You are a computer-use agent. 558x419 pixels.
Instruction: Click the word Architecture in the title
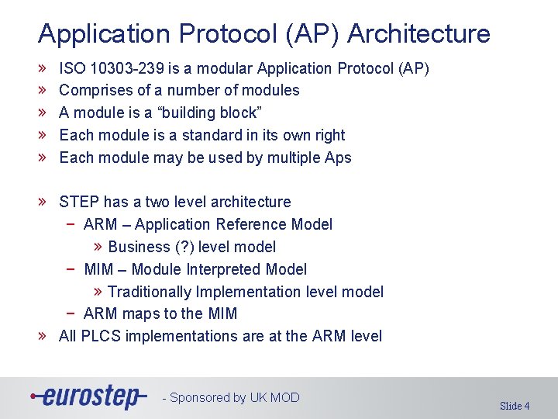[418, 33]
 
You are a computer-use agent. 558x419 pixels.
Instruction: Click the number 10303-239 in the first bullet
[127, 68]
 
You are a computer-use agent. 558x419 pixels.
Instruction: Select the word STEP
[79, 202]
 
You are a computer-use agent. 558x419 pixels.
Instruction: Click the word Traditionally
[150, 292]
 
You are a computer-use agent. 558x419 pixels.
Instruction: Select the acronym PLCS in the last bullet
[101, 336]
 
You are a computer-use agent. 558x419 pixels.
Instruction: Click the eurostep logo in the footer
[88, 396]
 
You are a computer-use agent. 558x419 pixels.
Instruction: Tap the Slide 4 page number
[515, 406]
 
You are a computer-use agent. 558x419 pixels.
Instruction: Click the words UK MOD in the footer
[274, 397]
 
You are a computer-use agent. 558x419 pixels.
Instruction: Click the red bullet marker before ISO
[42, 68]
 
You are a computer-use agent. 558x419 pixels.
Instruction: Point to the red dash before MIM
[71, 269]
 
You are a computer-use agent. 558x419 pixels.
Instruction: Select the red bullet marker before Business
[98, 246]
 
